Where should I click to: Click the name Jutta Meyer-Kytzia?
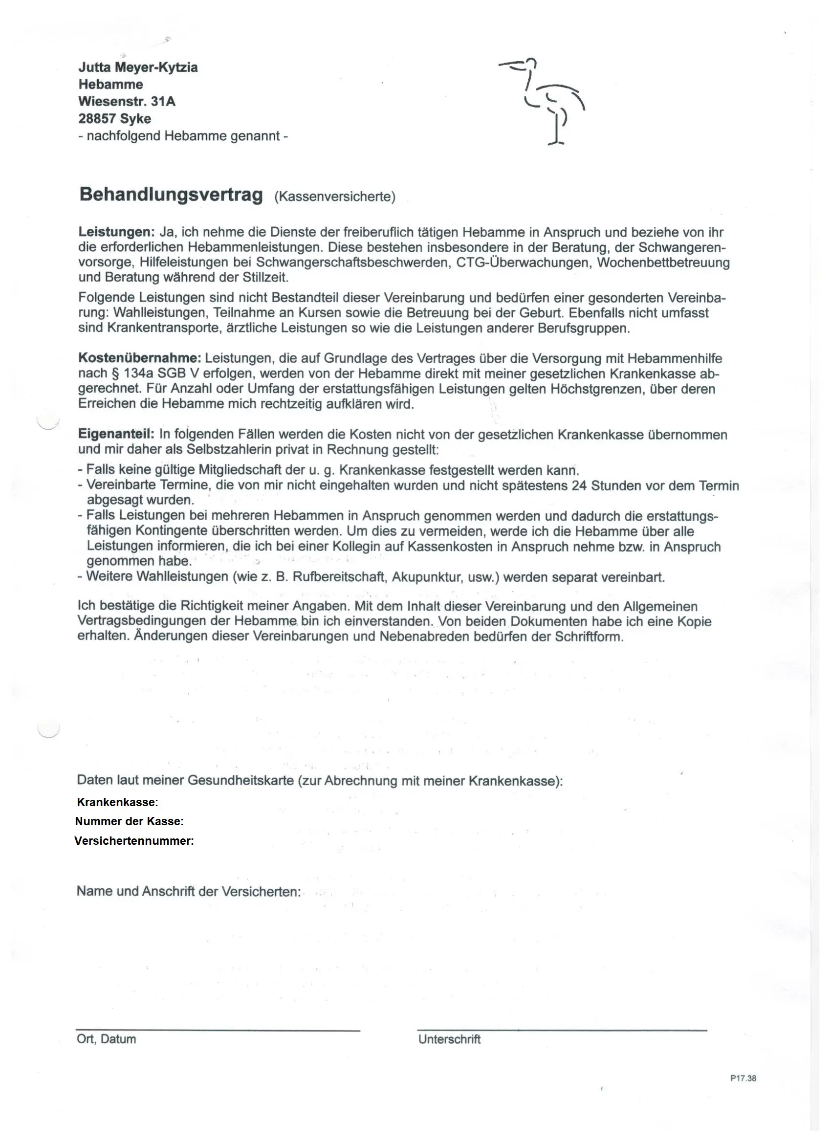[x=137, y=67]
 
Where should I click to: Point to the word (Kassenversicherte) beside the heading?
[x=335, y=197]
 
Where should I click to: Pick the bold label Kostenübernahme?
[x=140, y=358]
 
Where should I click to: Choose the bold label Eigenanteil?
[x=116, y=434]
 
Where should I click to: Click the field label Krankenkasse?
[x=117, y=802]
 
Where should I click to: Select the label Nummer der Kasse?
[x=130, y=821]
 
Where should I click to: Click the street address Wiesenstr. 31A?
[x=127, y=102]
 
